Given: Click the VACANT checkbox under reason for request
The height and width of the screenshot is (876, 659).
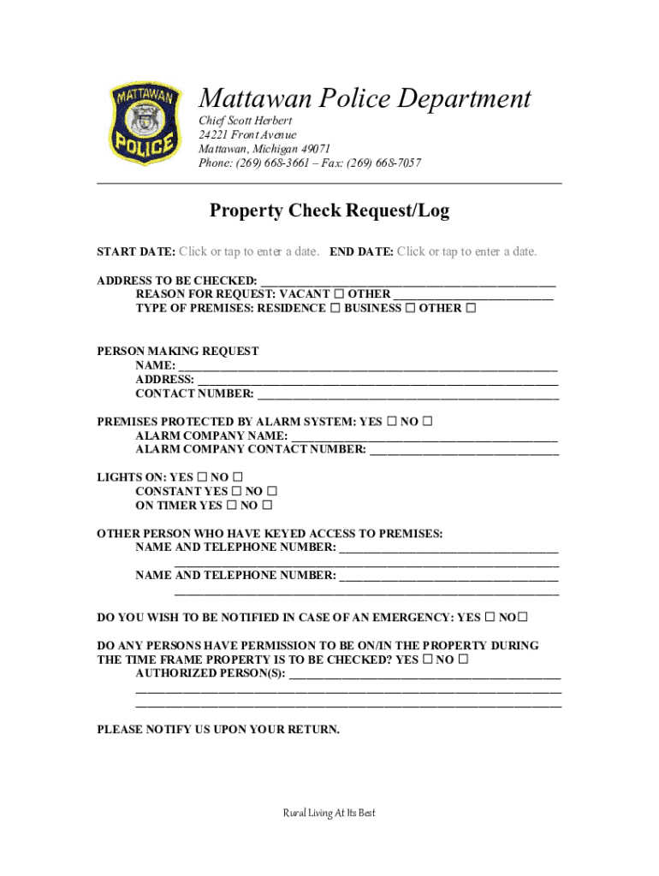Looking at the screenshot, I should [x=339, y=293].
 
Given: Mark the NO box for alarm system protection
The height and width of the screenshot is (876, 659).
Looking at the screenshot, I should [x=428, y=422].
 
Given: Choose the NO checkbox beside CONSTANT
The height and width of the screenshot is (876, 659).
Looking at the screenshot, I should [x=272, y=492].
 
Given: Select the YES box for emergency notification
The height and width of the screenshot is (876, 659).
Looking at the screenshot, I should [x=490, y=617].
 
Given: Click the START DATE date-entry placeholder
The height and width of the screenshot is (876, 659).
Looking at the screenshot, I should [x=249, y=252].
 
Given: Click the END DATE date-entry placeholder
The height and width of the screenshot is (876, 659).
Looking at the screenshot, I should [x=466, y=252].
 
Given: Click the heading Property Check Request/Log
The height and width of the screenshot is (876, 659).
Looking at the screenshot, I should [x=329, y=210].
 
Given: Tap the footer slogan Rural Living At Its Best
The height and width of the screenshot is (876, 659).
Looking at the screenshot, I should [x=329, y=813].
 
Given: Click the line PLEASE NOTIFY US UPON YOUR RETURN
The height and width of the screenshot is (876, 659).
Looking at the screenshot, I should [x=218, y=730].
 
